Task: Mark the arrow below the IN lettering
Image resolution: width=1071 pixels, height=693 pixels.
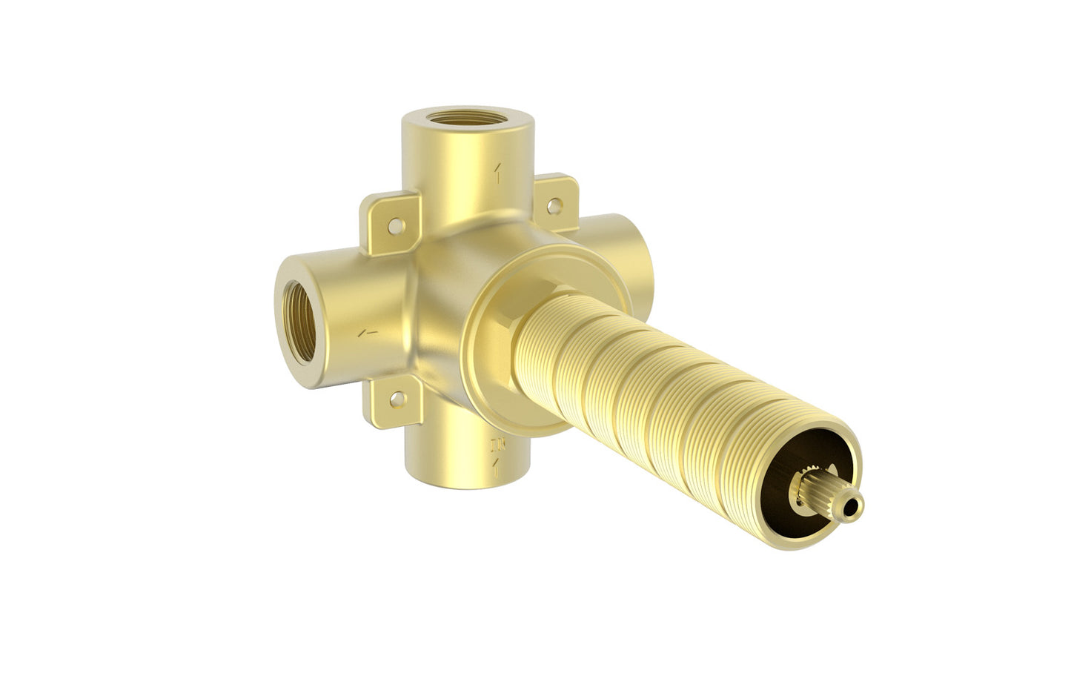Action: [496, 465]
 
